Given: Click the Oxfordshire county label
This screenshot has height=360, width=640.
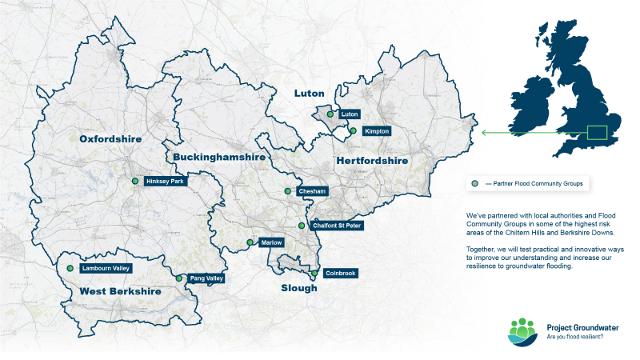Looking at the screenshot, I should (x=110, y=139).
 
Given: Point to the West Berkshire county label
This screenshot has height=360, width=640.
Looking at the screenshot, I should (x=120, y=292).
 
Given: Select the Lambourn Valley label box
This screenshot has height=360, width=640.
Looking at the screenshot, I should (x=106, y=269).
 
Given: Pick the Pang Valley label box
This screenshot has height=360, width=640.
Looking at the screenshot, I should (x=206, y=278).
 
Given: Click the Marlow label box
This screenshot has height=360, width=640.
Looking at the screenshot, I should (x=271, y=242).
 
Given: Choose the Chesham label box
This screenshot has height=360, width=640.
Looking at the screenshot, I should (x=311, y=192).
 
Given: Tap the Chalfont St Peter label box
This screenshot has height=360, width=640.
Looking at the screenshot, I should (x=336, y=226).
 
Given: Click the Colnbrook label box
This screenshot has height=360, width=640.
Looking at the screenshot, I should (x=341, y=274).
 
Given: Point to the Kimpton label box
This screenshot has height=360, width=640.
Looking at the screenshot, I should (x=376, y=130).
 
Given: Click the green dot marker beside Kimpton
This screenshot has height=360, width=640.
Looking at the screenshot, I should (x=353, y=130).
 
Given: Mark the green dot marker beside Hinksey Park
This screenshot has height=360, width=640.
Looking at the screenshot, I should (x=135, y=182).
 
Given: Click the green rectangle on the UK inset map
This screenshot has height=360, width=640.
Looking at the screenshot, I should (x=598, y=132).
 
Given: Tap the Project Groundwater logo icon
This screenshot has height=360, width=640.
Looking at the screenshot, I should (x=523, y=331).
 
